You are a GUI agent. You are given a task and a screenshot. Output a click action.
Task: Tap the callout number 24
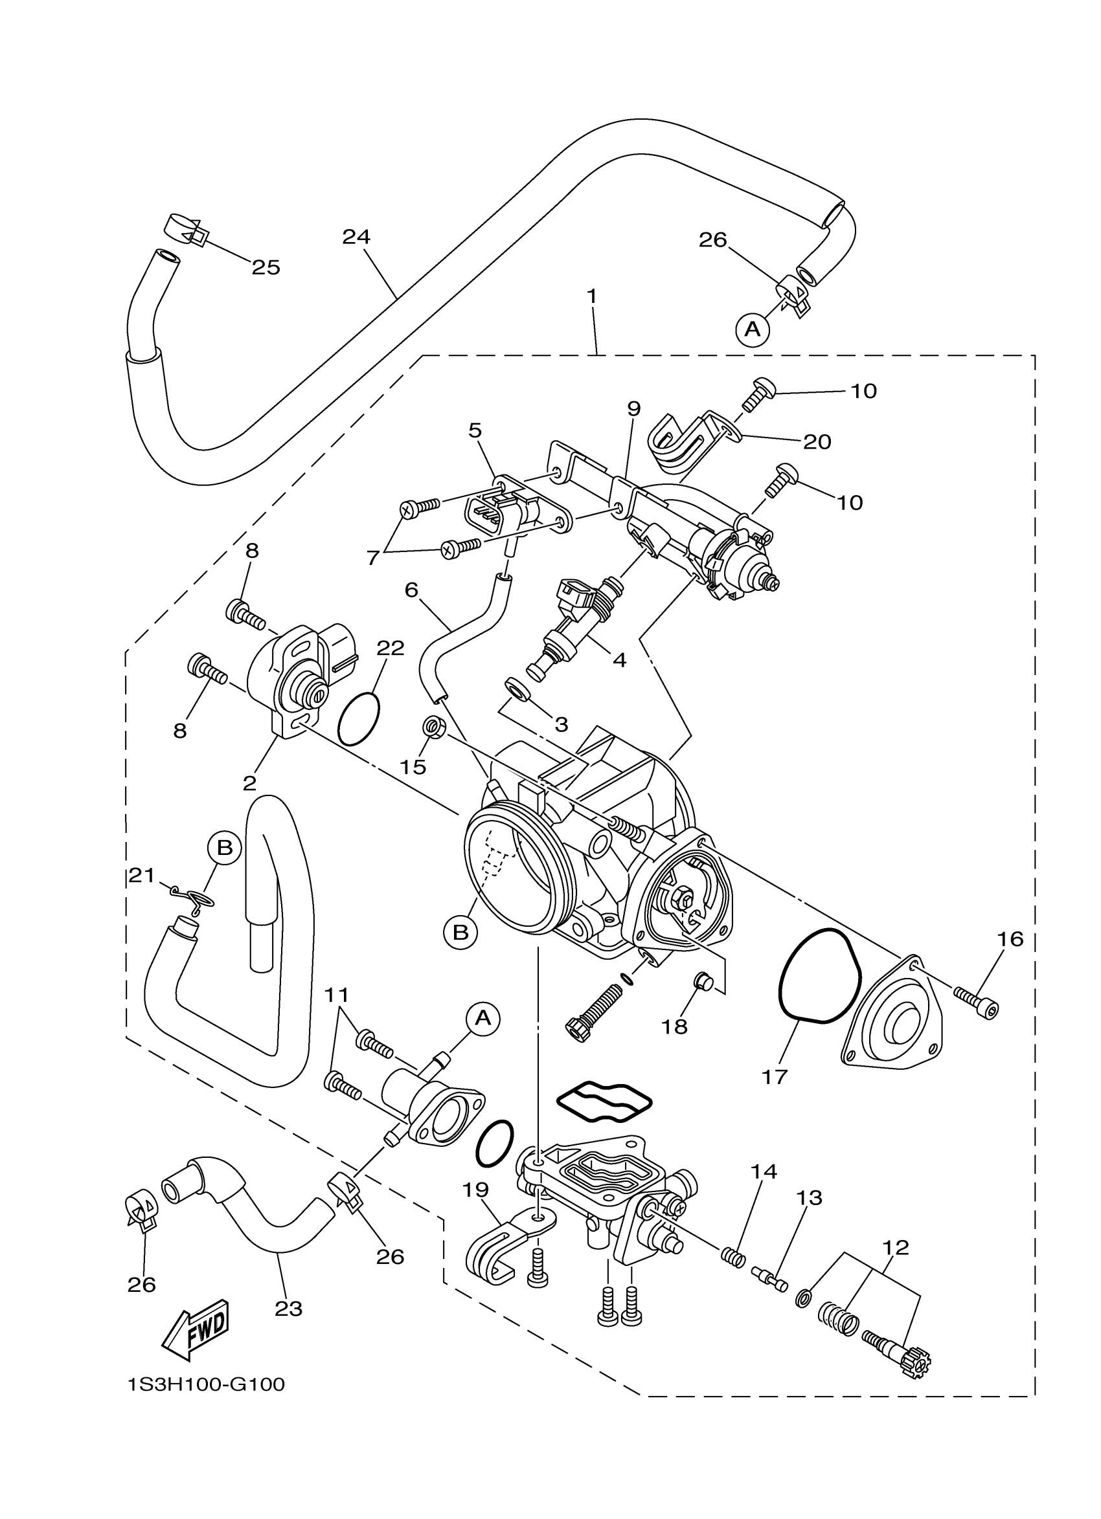pyautogui.click(x=356, y=236)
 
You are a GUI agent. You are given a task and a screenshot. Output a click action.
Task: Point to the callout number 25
pyautogui.click(x=266, y=268)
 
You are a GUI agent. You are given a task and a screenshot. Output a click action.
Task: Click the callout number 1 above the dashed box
pyautogui.click(x=592, y=295)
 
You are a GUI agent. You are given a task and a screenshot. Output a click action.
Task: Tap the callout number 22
pyautogui.click(x=391, y=648)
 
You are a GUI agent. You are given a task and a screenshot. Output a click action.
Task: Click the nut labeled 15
pyautogui.click(x=432, y=726)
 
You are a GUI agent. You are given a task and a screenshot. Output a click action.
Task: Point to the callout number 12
pyautogui.click(x=896, y=1248)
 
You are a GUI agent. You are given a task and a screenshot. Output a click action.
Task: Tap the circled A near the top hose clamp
pyautogui.click(x=753, y=329)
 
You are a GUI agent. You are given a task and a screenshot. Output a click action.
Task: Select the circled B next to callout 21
pyautogui.click(x=225, y=848)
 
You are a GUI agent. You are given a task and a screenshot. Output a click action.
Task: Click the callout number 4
pyautogui.click(x=620, y=660)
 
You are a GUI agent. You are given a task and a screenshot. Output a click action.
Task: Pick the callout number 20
pyautogui.click(x=817, y=441)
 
